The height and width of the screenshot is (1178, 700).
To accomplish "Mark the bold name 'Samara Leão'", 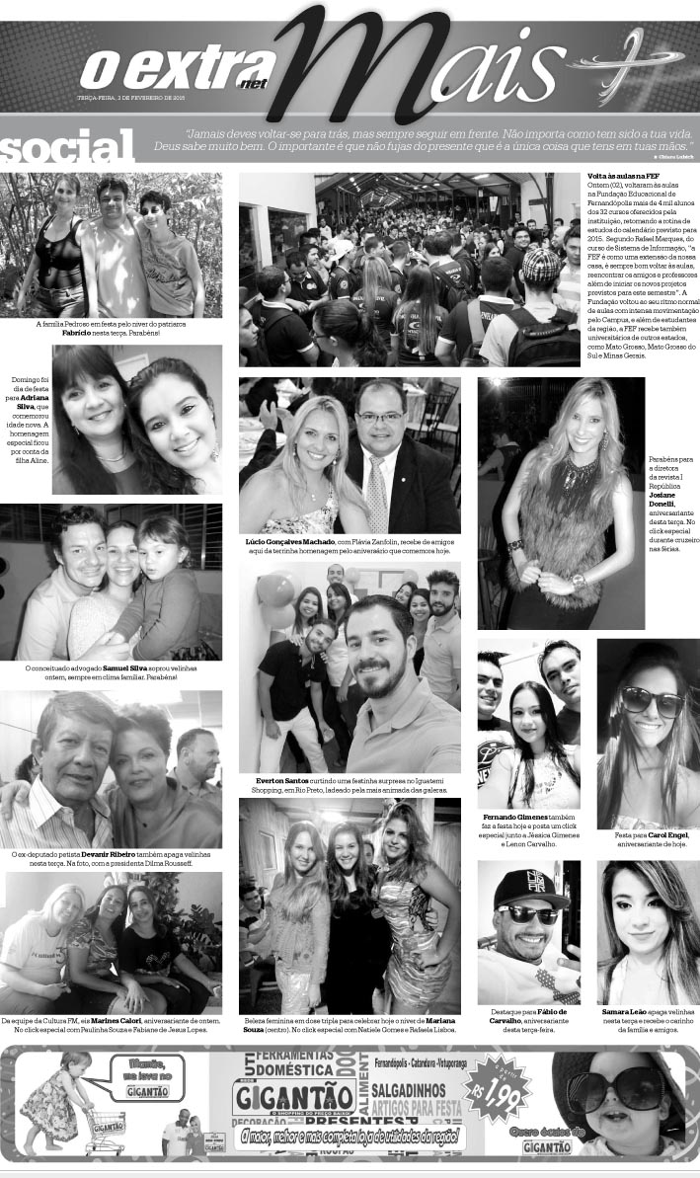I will pyautogui.click(x=626, y=1012).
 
